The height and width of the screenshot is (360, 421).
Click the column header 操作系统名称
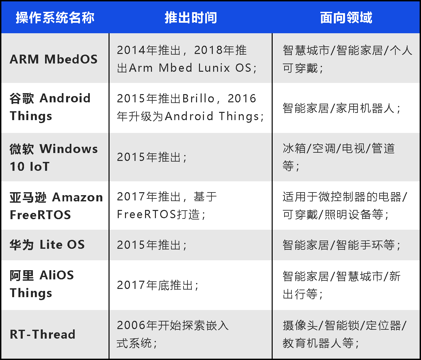[55, 17]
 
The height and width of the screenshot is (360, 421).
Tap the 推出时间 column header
[191, 17]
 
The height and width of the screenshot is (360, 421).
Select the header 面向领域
[346, 17]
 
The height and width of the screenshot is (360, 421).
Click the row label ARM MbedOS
[54, 59]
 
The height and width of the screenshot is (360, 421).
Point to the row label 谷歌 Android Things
[50, 107]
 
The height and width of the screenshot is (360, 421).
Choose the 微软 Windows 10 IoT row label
[54, 157]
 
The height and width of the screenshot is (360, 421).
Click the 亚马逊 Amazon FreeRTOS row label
[56, 206]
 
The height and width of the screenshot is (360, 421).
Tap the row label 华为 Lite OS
[47, 244]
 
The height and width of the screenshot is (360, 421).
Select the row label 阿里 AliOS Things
[42, 284]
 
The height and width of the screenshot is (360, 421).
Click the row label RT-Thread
[42, 334]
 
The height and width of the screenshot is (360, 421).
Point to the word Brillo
[198, 98]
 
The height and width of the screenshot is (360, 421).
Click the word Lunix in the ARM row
[214, 68]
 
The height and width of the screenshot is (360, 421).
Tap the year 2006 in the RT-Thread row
[131, 325]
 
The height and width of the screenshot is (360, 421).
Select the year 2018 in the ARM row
[208, 50]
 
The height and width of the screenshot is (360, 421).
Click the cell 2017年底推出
[158, 285]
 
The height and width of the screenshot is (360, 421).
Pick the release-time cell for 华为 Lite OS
[152, 245]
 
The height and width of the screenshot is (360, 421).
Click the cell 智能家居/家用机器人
[341, 108]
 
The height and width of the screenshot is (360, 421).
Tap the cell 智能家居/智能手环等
[341, 245]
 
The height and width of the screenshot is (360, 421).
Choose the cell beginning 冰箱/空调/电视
[339, 157]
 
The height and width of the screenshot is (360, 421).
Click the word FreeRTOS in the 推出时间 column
[146, 214]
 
